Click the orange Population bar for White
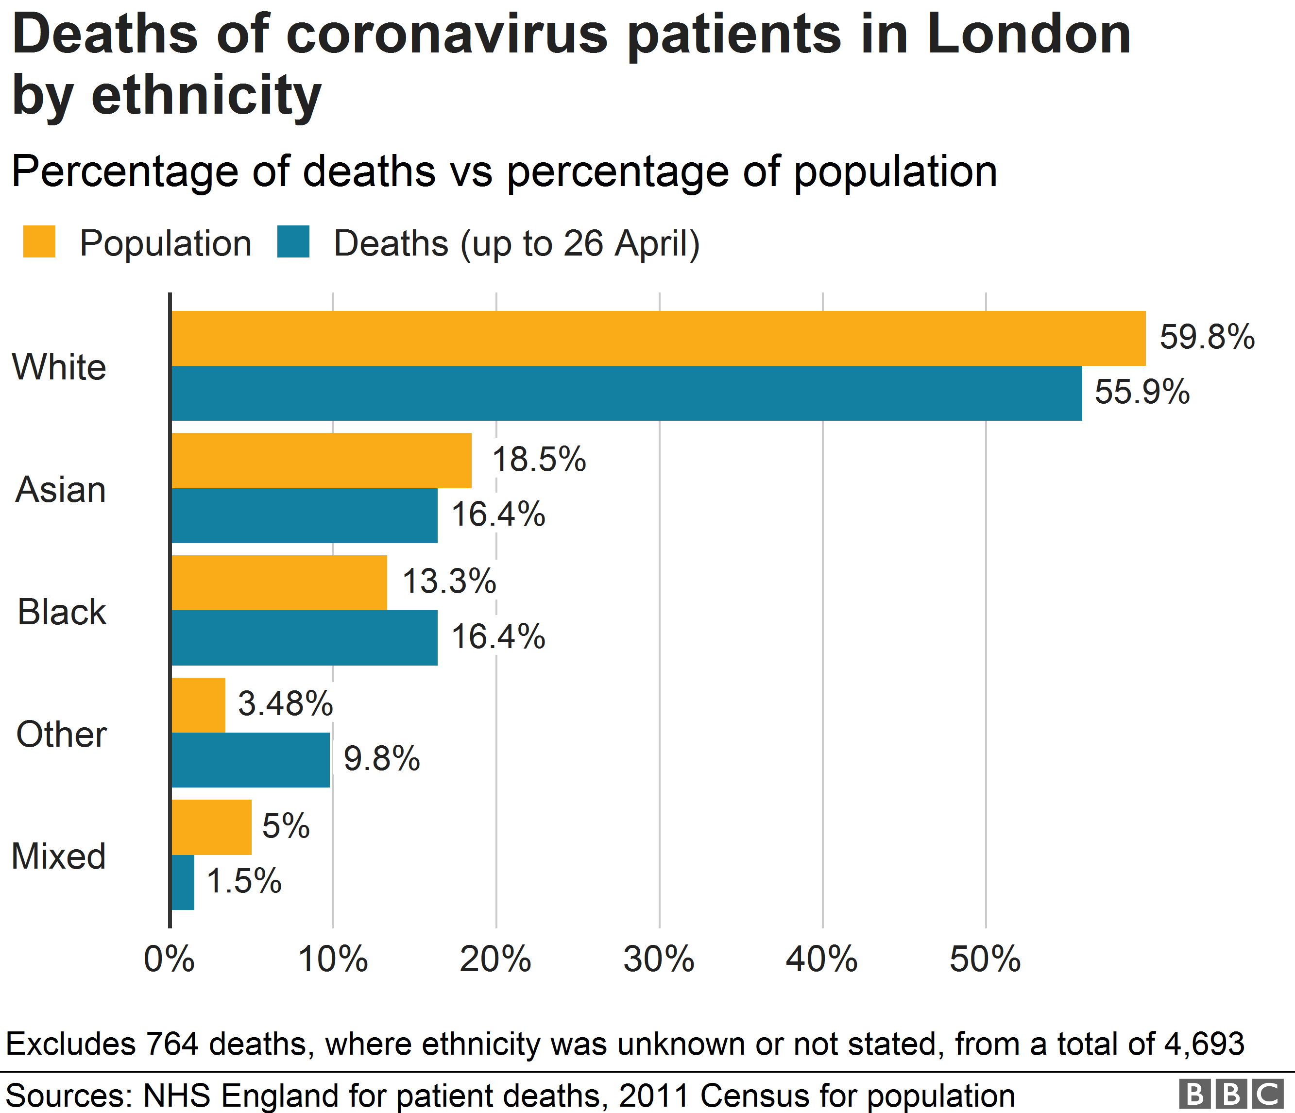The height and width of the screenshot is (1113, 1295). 658,338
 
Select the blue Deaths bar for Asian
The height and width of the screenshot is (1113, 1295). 305,515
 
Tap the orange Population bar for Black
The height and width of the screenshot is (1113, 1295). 279,582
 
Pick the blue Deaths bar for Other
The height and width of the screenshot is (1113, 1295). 250,760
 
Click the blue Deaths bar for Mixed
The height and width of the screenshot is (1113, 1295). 183,882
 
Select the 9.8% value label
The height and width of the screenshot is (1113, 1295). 382,759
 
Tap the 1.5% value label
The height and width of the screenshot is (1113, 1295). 244,881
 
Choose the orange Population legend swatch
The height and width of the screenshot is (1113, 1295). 39,242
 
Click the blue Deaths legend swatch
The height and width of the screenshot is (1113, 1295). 293,242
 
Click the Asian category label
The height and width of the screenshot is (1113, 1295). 61,489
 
